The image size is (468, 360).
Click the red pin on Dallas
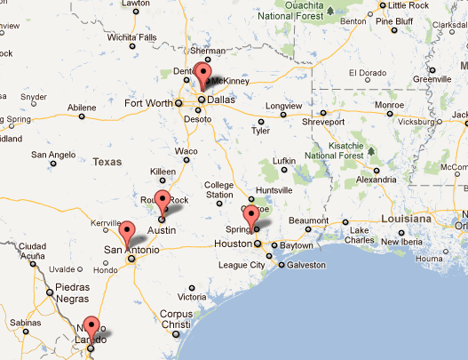point(203,75)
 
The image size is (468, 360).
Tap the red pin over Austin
point(162,202)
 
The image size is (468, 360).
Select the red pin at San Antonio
point(127,233)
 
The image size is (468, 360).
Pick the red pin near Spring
point(251,217)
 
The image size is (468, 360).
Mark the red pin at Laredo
point(90,328)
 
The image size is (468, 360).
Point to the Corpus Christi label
point(175,319)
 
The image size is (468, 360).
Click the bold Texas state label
point(107,162)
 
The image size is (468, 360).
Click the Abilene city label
point(82,107)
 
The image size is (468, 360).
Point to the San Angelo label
point(53,154)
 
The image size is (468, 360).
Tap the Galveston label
point(307,265)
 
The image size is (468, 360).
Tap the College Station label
point(219,189)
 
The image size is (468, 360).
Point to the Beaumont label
point(309,220)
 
